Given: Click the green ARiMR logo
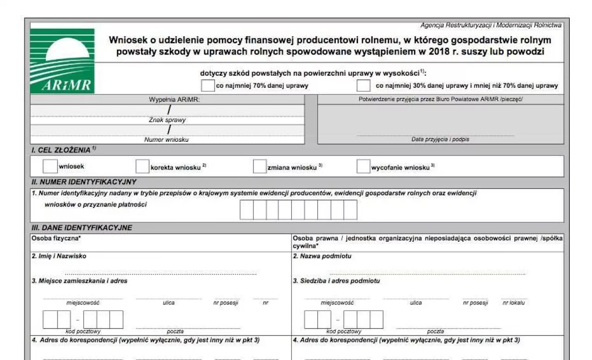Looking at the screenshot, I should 62,61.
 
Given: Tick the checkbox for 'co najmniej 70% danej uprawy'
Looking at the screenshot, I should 208,85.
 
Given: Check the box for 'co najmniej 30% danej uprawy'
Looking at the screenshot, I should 364,85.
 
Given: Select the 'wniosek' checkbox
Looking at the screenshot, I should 50,166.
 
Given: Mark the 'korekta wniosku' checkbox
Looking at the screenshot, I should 142,166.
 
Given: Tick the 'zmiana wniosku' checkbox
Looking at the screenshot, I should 259,166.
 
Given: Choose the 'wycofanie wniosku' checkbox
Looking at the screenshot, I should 363,166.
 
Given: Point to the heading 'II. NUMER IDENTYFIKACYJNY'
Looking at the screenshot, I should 84,182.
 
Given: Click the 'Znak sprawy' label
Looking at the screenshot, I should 167,120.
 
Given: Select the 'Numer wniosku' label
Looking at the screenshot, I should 166,140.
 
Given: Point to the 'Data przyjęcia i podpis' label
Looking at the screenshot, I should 440,139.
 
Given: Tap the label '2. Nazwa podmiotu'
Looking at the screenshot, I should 322,256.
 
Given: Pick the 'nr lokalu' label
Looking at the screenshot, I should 513,303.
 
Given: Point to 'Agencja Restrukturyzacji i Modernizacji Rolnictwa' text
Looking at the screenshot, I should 491,25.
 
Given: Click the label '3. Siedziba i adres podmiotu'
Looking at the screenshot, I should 336,281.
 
